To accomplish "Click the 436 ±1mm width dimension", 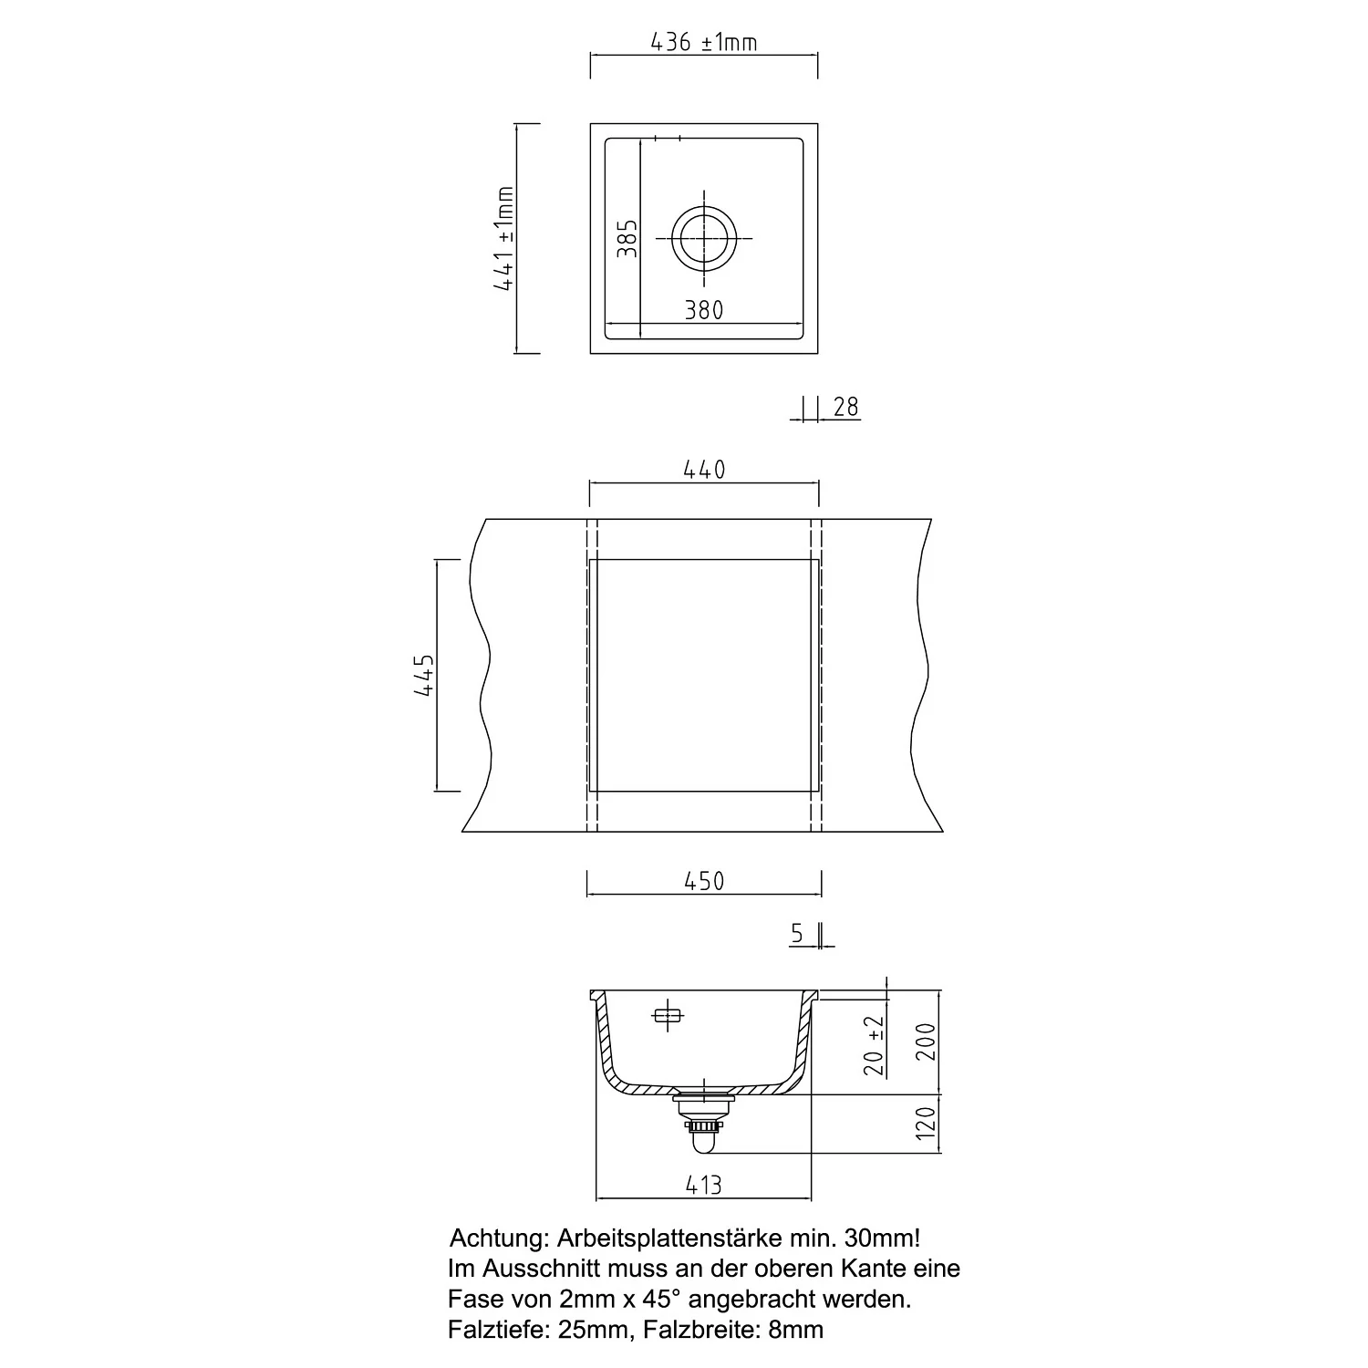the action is pyautogui.click(x=703, y=42).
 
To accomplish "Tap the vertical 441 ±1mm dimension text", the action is pyautogui.click(x=504, y=238).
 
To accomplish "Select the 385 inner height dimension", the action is pyautogui.click(x=627, y=239).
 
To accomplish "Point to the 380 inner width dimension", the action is pyautogui.click(x=704, y=310).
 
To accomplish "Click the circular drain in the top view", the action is pyautogui.click(x=704, y=239).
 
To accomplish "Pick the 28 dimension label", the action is pyautogui.click(x=846, y=407).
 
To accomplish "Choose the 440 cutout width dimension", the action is pyautogui.click(x=704, y=470).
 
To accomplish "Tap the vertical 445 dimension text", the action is pyautogui.click(x=424, y=676).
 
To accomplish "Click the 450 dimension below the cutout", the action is pyautogui.click(x=704, y=882).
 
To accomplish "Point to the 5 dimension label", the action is pyautogui.click(x=798, y=934).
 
